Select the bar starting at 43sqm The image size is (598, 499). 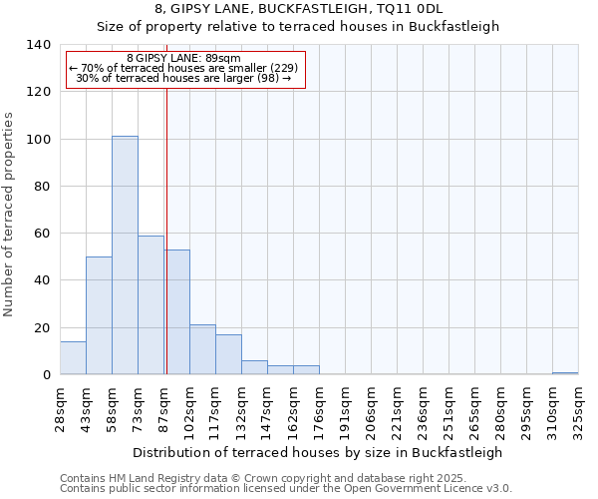[99, 315]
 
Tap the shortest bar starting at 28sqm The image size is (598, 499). [73, 358]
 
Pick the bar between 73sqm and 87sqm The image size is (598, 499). [150, 304]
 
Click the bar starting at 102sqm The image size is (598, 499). [202, 349]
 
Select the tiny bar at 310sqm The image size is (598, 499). [565, 373]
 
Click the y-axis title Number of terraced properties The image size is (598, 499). [9, 214]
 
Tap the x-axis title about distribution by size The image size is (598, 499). [317, 452]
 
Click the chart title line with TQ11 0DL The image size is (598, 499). [299, 9]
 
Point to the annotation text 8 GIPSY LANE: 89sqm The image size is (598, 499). [183, 59]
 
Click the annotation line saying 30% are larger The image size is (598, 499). [183, 78]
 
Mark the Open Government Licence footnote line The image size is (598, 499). [286, 489]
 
